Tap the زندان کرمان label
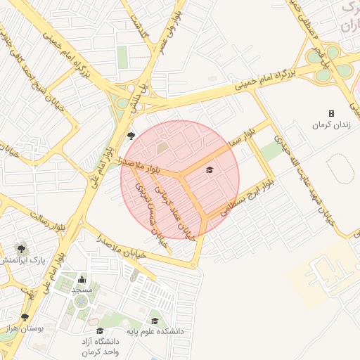click(x=331, y=124)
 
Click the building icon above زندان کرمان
click(x=331, y=113)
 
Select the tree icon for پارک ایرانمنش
click(x=22, y=247)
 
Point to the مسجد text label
click(x=82, y=290)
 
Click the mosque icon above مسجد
click(x=82, y=279)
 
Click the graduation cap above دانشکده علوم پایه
click(x=155, y=321)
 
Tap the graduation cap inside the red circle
click(x=209, y=169)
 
